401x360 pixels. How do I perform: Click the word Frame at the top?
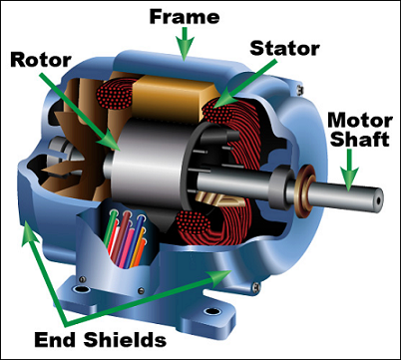(182, 16)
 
